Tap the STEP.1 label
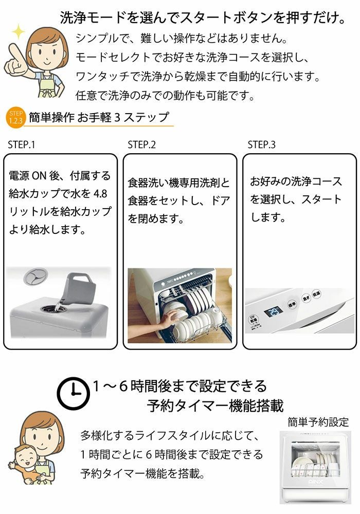tap(21, 145)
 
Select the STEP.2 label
tap(141, 145)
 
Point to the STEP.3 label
tap(262, 145)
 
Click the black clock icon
tap(74, 393)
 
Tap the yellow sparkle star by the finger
tap(19, 32)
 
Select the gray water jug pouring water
tap(80, 288)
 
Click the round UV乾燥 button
tap(254, 320)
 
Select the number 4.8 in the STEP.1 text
tap(100, 194)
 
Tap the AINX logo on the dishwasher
tap(316, 482)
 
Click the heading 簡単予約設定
tap(318, 422)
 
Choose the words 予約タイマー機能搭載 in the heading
tap(215, 406)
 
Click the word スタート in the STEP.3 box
tap(321, 199)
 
